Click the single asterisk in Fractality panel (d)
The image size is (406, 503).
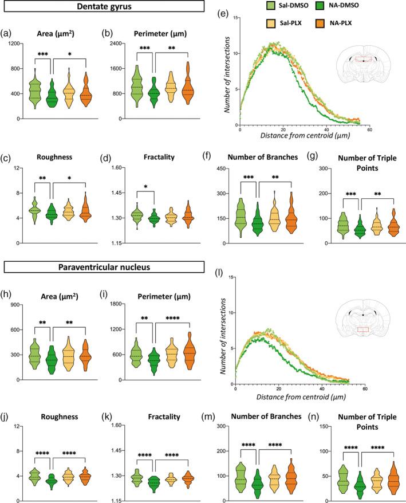coord(145,187)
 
